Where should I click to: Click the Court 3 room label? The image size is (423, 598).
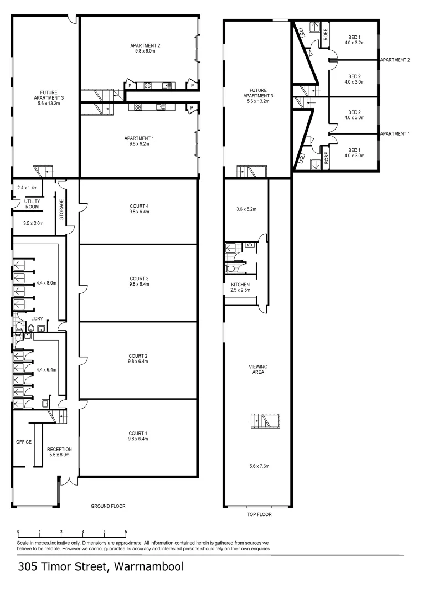(x=138, y=279)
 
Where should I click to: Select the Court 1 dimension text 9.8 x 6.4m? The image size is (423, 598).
(x=138, y=439)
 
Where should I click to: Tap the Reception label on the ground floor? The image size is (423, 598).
(x=58, y=449)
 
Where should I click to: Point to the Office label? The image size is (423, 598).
(x=24, y=442)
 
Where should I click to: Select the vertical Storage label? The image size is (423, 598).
(x=61, y=209)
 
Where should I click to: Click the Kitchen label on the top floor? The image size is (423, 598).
(x=241, y=284)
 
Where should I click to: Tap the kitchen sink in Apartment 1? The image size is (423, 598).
(x=161, y=107)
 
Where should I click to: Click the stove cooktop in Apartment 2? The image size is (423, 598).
(x=148, y=86)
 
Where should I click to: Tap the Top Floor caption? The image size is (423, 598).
(x=259, y=514)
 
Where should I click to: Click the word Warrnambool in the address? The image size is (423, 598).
(x=147, y=567)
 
